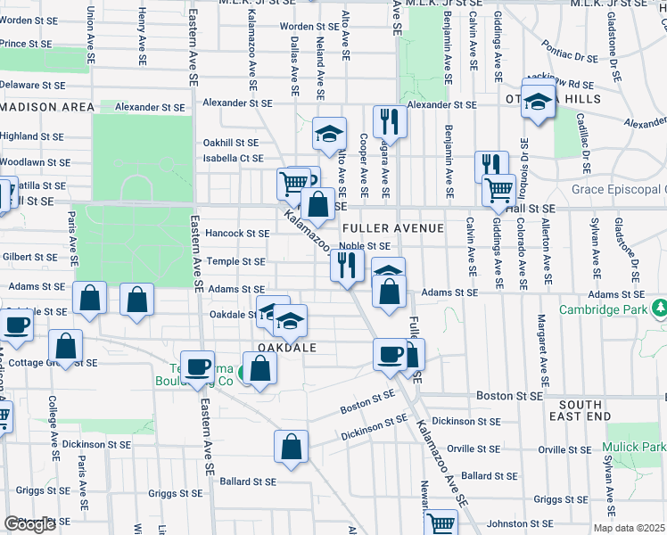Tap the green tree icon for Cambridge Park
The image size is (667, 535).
660,309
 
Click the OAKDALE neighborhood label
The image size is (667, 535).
288,348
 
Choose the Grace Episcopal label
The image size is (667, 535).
619,190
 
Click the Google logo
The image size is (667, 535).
29,524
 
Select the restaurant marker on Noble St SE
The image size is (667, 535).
346,265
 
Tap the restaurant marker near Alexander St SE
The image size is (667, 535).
389,120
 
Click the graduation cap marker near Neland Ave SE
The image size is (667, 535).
329,134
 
